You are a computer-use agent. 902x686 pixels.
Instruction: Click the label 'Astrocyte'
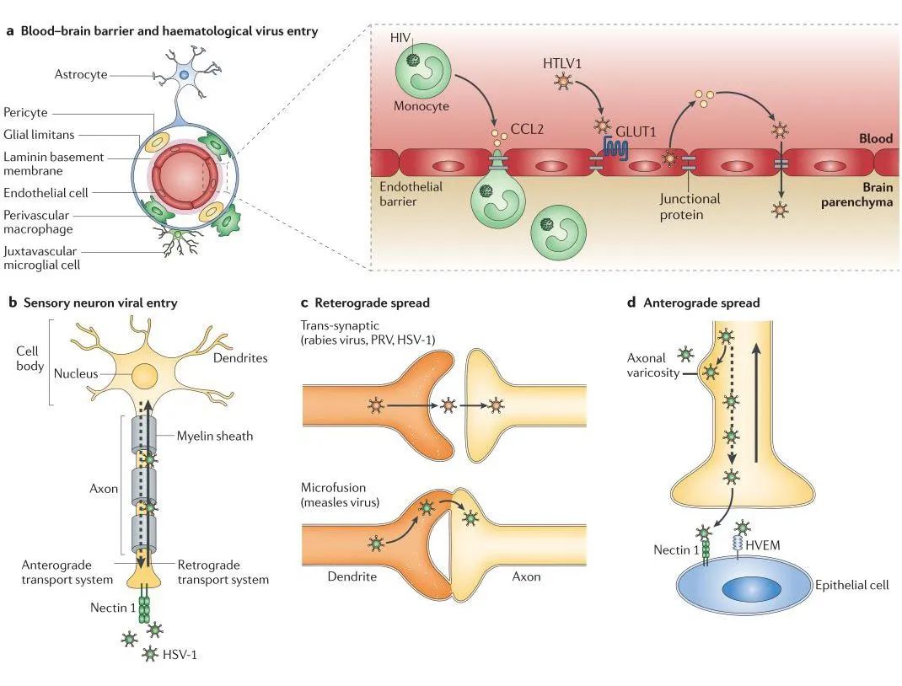pyautogui.click(x=81, y=74)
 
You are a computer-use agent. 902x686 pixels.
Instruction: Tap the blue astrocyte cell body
pyautogui.click(x=184, y=76)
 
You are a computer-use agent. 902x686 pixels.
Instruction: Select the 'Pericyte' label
pyautogui.click(x=26, y=112)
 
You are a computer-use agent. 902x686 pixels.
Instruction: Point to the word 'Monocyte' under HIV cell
pyautogui.click(x=421, y=107)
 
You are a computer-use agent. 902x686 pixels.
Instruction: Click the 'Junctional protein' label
pyautogui.click(x=690, y=207)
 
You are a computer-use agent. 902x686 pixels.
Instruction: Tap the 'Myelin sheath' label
pyautogui.click(x=215, y=436)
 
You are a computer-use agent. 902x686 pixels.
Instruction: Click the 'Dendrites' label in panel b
pyautogui.click(x=241, y=357)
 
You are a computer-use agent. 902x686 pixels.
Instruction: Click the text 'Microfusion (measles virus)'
pyautogui.click(x=341, y=496)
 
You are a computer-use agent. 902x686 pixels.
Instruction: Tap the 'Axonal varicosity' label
pyautogui.click(x=652, y=365)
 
